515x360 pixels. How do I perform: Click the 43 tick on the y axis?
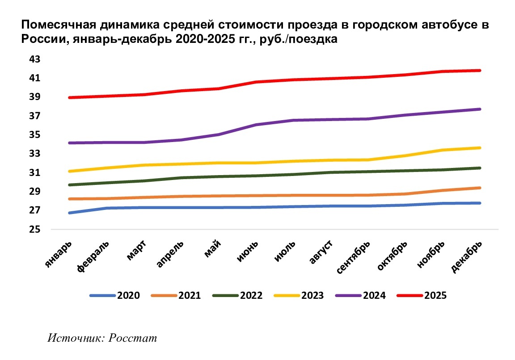pyautogui.click(x=34, y=59)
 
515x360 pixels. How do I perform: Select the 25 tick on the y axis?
pyautogui.click(x=34, y=230)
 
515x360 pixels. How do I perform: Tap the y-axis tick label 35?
pyautogui.click(x=34, y=135)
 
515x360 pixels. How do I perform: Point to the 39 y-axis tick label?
pyautogui.click(x=34, y=97)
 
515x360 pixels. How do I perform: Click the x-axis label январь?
pyautogui.click(x=58, y=255)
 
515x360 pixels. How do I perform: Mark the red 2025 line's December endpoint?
pyautogui.click(x=480, y=71)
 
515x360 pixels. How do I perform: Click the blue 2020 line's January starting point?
pyautogui.click(x=70, y=213)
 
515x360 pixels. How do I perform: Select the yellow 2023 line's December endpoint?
pyautogui.click(x=480, y=148)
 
